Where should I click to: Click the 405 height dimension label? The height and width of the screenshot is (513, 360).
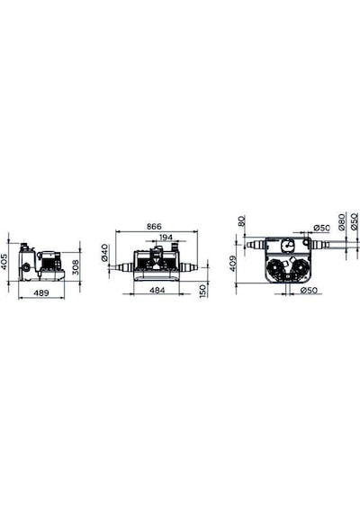click(4, 262)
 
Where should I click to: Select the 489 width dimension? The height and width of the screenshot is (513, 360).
click(41, 292)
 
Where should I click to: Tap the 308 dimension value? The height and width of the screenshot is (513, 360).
click(76, 267)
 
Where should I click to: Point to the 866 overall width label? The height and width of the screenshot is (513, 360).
click(154, 227)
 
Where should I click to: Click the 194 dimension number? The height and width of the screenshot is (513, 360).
click(166, 238)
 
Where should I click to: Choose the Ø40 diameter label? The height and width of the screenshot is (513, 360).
click(104, 252)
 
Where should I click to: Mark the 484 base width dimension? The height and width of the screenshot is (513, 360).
click(157, 290)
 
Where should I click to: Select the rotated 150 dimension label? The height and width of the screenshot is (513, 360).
click(203, 291)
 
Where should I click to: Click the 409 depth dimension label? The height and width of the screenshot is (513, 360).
click(233, 264)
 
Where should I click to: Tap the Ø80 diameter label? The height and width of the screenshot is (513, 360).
click(341, 221)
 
